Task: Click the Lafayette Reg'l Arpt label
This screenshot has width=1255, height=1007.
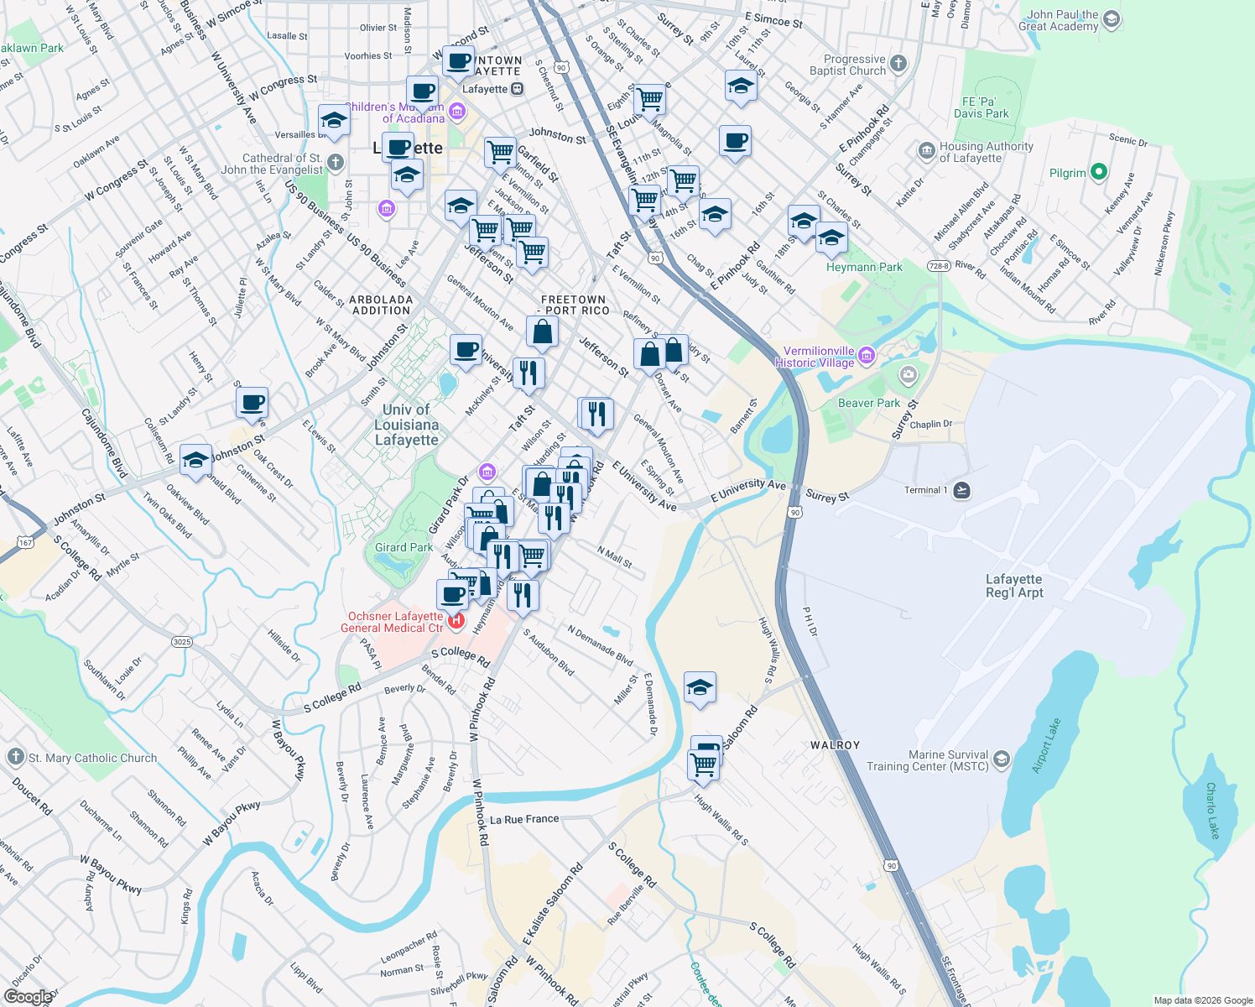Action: click(1013, 586)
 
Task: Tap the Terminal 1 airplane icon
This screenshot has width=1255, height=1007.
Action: click(962, 490)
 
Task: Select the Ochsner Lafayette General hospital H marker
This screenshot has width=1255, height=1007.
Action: click(456, 621)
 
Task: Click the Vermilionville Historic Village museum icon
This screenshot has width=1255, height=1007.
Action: click(867, 356)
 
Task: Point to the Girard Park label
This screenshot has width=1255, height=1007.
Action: click(404, 547)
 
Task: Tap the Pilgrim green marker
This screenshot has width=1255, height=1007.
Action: click(1098, 173)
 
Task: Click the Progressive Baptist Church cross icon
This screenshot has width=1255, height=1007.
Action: click(898, 64)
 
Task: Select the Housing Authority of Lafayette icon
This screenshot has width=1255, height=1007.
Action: click(926, 151)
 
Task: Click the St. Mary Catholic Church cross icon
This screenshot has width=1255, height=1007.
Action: click(15, 757)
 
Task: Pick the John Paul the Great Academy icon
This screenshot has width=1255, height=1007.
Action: click(1112, 19)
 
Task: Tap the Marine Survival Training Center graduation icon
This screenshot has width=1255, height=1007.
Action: click(1002, 759)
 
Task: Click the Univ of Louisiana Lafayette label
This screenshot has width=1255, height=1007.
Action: click(407, 425)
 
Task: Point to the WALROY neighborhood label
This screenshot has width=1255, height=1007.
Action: click(835, 745)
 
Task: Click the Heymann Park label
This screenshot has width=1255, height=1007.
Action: click(864, 267)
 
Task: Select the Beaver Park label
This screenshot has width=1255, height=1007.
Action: click(868, 403)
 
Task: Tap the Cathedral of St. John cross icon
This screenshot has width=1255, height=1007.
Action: click(336, 162)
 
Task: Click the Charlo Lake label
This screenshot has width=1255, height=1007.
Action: click(1211, 811)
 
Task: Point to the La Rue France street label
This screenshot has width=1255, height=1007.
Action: click(524, 819)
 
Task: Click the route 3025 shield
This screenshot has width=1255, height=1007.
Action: click(181, 642)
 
